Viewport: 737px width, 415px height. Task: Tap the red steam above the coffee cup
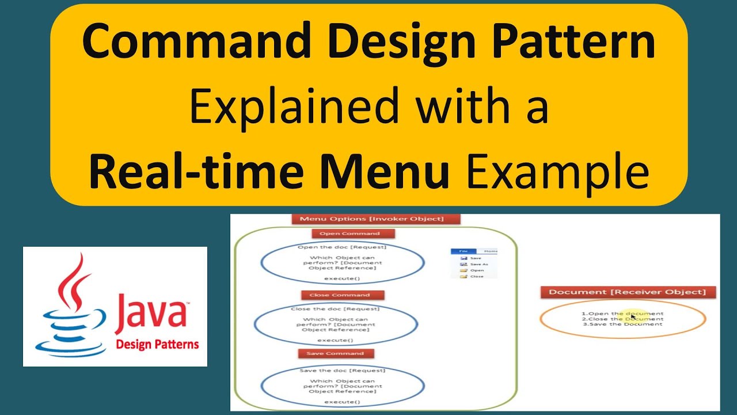point(74,282)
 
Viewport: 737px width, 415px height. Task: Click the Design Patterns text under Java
point(157,345)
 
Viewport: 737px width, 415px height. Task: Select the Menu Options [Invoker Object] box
point(377,219)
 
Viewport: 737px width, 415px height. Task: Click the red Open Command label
point(354,233)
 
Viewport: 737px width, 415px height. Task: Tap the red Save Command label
point(335,353)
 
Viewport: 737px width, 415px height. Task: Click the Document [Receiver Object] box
point(627,292)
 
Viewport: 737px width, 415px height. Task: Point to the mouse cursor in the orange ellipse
point(633,316)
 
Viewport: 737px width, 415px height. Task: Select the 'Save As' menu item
point(478,264)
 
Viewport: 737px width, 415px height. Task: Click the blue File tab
point(464,251)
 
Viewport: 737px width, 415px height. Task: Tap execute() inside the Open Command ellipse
point(342,279)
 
